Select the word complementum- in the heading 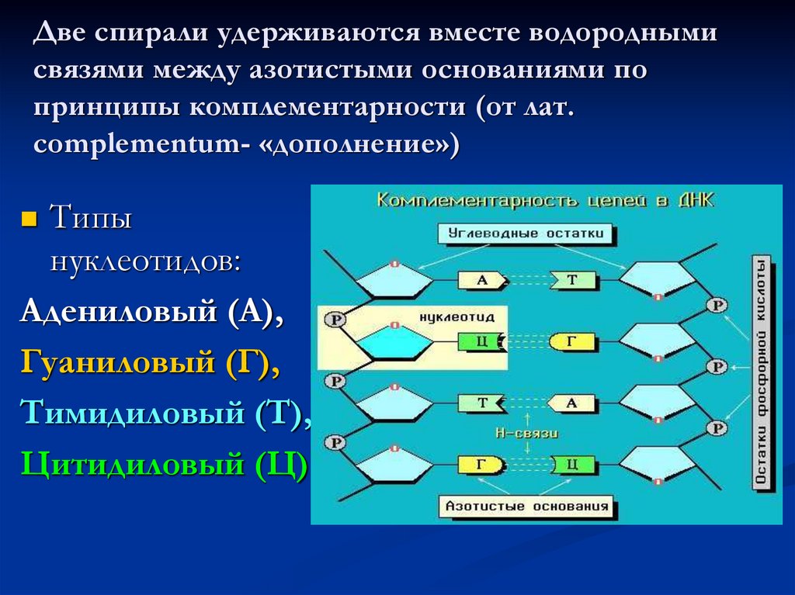point(136,144)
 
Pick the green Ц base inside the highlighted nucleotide point(481,341)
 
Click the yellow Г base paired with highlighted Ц point(571,341)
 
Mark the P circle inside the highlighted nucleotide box point(335,319)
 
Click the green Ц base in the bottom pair point(571,465)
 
